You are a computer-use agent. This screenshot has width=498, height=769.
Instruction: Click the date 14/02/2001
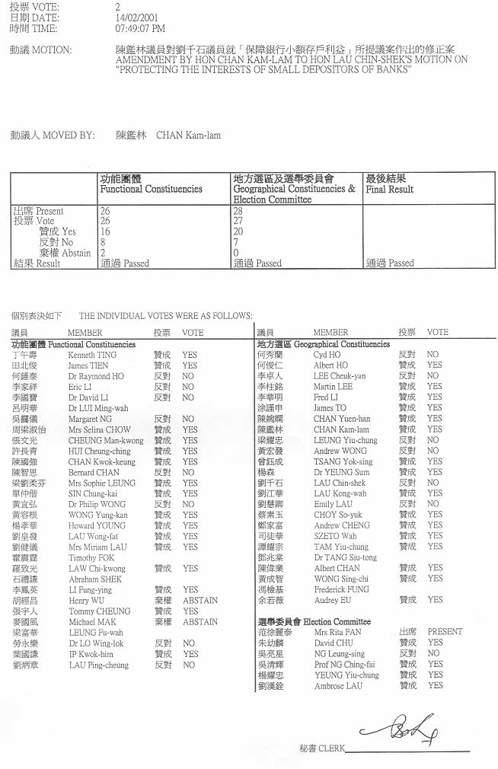(x=134, y=18)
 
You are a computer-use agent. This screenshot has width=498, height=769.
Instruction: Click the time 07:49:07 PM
(x=140, y=29)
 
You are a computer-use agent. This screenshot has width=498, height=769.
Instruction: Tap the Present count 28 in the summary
(x=238, y=211)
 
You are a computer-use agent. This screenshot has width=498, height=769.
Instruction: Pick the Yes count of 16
(x=105, y=231)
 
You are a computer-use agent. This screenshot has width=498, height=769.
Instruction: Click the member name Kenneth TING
(x=92, y=355)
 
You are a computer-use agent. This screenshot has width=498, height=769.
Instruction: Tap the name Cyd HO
(x=327, y=355)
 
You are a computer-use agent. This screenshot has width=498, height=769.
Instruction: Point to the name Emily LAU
(x=333, y=504)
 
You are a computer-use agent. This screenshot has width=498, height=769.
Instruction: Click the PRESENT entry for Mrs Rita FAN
(x=445, y=632)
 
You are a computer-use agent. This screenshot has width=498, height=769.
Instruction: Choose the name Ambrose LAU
(x=338, y=685)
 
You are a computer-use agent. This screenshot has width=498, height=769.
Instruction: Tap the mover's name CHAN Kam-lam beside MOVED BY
(x=188, y=136)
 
